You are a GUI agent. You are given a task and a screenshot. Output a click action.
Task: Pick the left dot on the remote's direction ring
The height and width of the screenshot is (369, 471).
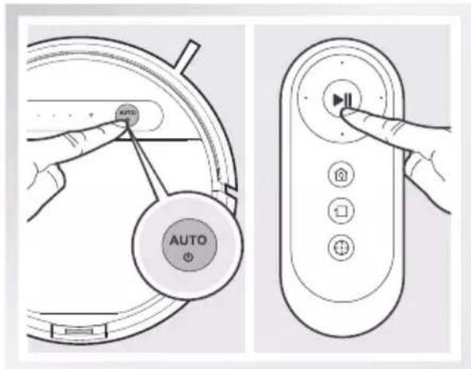point(303,99)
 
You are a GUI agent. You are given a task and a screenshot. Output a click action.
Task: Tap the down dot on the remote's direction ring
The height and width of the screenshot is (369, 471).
point(342,136)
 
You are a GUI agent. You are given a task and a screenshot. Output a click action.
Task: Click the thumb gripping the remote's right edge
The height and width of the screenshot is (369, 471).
point(414,172)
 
